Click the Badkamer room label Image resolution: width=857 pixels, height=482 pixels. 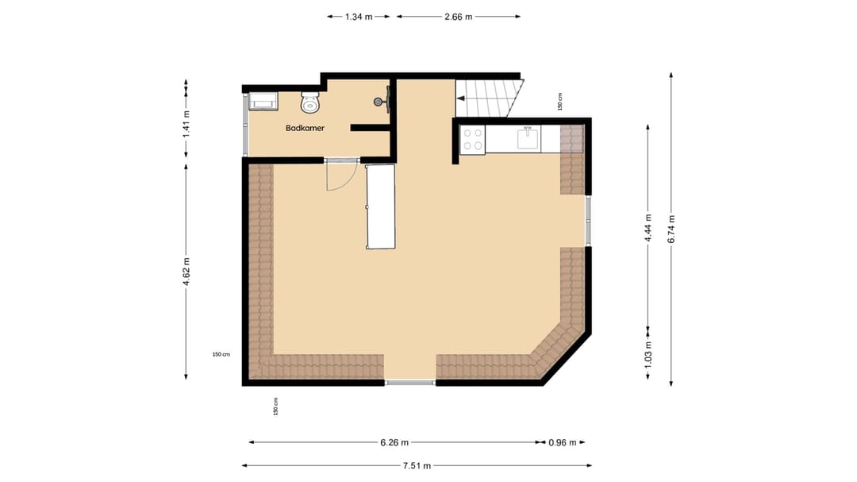click(306, 128)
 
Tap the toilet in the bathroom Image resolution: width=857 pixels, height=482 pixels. click(310, 102)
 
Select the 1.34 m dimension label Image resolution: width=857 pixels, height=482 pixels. click(359, 16)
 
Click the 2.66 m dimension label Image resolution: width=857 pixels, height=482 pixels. click(459, 16)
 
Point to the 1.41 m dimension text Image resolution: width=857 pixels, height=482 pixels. click(186, 123)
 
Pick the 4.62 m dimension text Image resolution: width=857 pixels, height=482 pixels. click(186, 272)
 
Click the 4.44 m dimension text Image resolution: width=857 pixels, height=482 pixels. click(648, 228)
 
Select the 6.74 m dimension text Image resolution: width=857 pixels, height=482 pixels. click(671, 229)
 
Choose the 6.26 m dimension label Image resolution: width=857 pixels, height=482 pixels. click(394, 442)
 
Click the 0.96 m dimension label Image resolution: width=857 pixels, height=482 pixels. click(563, 442)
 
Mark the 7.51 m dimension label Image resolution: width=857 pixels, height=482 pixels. click(416, 465)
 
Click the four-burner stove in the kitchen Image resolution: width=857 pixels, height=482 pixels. click(474, 140)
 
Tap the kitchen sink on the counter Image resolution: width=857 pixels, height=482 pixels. click(528, 139)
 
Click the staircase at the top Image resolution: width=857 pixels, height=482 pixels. click(490, 98)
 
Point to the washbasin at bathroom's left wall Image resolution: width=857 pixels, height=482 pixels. click(263, 101)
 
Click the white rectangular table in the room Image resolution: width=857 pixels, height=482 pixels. click(380, 206)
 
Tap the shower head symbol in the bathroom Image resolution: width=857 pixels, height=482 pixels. click(383, 101)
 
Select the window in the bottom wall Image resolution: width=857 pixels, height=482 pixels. click(410, 383)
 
